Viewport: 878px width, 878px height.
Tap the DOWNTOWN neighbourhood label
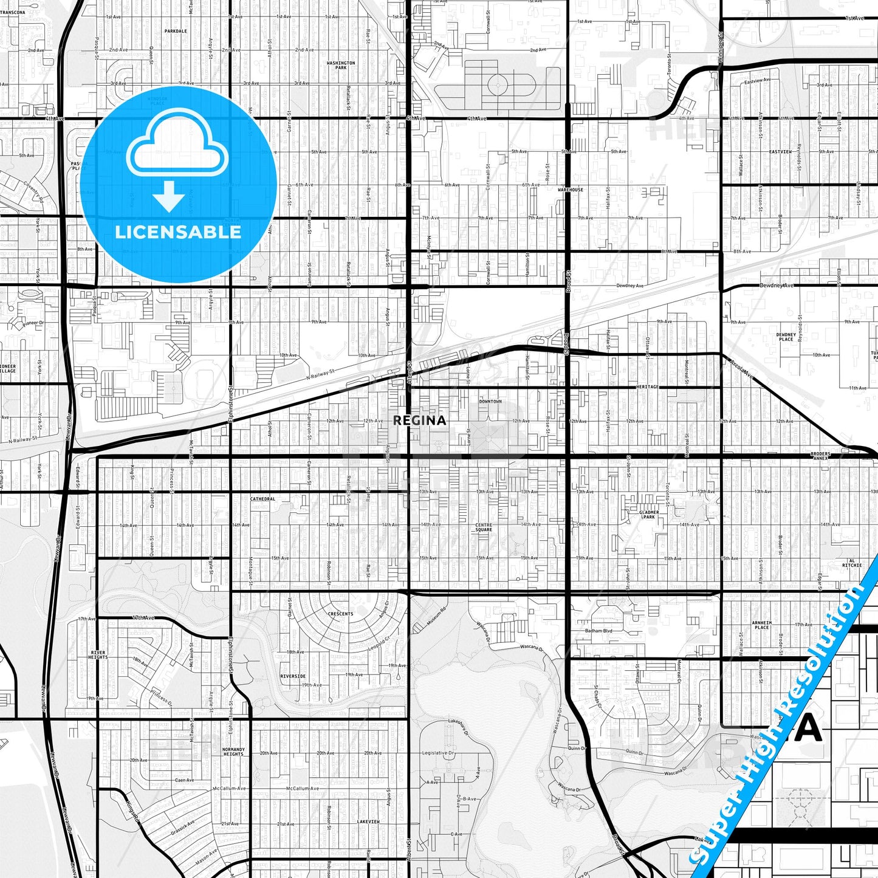click(490, 402)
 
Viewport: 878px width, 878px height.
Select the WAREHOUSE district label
click(570, 190)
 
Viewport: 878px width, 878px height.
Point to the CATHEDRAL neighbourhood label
click(262, 499)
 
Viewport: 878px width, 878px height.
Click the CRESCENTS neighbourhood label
click(340, 614)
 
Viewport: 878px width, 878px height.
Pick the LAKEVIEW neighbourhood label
click(368, 821)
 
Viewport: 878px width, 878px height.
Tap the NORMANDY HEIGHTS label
click(233, 752)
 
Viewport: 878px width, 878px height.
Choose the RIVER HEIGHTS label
click(98, 655)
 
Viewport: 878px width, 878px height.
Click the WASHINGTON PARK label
click(341, 65)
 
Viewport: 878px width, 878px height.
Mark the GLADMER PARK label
click(649, 515)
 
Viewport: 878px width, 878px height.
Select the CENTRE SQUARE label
click(484, 527)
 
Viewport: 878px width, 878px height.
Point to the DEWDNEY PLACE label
click(786, 337)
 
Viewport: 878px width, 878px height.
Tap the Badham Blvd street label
click(598, 631)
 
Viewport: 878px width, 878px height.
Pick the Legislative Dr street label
click(438, 753)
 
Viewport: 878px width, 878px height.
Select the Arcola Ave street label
click(742, 369)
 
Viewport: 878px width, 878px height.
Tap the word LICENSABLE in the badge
click(178, 232)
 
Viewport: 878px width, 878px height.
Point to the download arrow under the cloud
click(169, 196)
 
